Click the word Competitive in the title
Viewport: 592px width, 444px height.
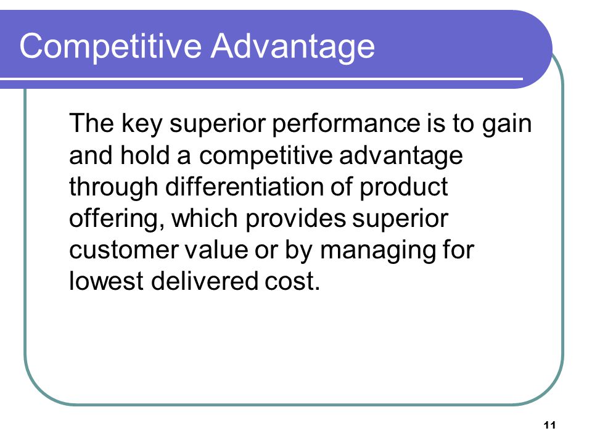(110, 46)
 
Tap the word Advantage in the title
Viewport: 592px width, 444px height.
(292, 46)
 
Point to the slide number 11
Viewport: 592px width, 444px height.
(549, 425)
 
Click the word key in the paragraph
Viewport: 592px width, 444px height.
(142, 124)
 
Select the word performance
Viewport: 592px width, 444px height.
(346, 124)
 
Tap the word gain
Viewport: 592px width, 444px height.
(507, 124)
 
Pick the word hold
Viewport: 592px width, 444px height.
(144, 155)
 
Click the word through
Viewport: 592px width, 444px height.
(113, 187)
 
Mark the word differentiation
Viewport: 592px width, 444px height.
(245, 186)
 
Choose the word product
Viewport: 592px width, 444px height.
(403, 187)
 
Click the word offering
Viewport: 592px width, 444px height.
(117, 219)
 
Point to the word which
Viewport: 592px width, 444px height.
(205, 218)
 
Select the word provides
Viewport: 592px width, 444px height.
(295, 219)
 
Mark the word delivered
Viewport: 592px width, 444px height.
(204, 281)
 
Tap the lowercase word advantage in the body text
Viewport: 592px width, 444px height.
(401, 156)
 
